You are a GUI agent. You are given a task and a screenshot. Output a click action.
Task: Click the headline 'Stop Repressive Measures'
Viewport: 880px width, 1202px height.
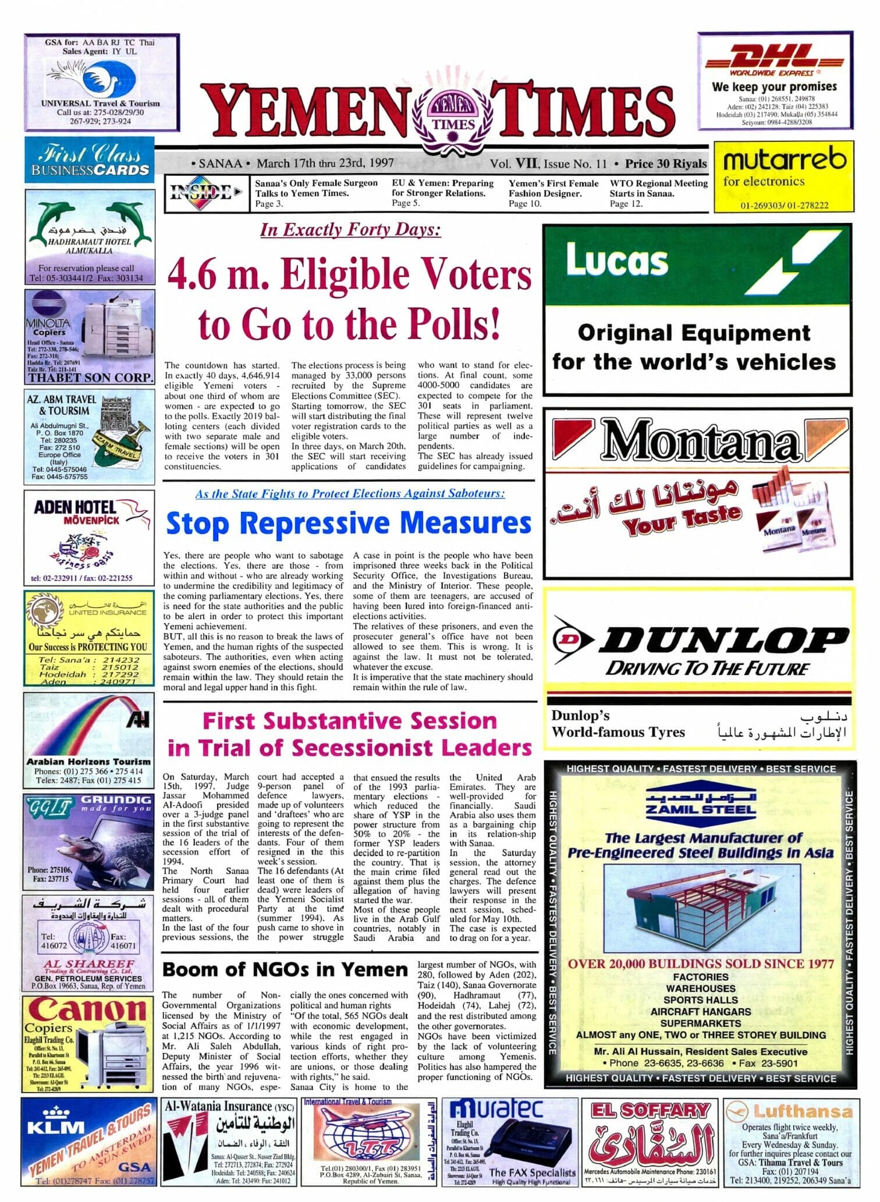(x=348, y=522)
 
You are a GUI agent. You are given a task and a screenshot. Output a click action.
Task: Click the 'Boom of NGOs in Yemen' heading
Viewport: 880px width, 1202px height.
(x=285, y=970)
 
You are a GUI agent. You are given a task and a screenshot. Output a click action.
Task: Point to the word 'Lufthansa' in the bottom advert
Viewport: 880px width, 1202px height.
(x=803, y=1112)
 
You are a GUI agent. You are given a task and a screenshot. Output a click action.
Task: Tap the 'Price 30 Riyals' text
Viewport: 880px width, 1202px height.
(x=665, y=164)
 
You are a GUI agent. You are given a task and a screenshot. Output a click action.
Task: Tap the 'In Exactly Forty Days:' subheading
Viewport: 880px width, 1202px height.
(x=350, y=230)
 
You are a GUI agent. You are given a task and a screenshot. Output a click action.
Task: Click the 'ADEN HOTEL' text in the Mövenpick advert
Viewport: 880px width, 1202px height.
(x=74, y=507)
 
